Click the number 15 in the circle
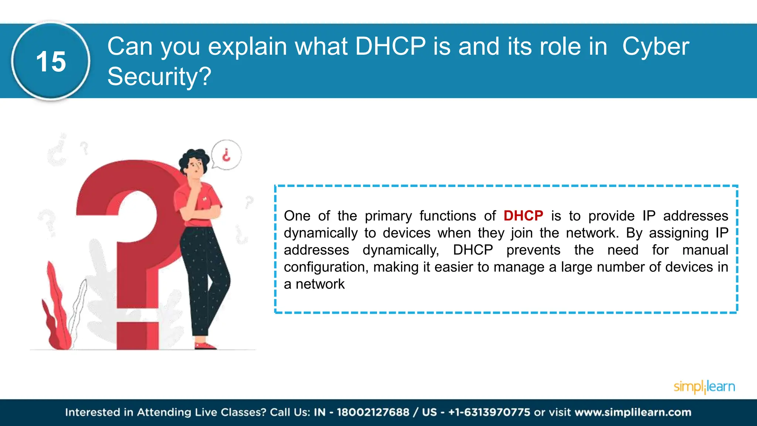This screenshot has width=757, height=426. point(51,61)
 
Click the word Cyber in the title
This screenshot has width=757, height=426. point(655,47)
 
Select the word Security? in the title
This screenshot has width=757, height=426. point(159,77)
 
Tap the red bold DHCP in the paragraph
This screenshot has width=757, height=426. point(523,216)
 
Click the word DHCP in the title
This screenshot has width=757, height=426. point(390,47)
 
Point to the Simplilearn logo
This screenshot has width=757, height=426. point(704,387)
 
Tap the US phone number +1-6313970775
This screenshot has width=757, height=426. point(489,412)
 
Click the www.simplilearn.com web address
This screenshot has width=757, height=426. point(633,412)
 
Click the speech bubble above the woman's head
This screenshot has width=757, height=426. point(226,155)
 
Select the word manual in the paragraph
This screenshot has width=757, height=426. point(705,250)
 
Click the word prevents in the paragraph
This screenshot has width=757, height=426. point(533,250)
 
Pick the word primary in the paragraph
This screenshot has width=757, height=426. point(388,216)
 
